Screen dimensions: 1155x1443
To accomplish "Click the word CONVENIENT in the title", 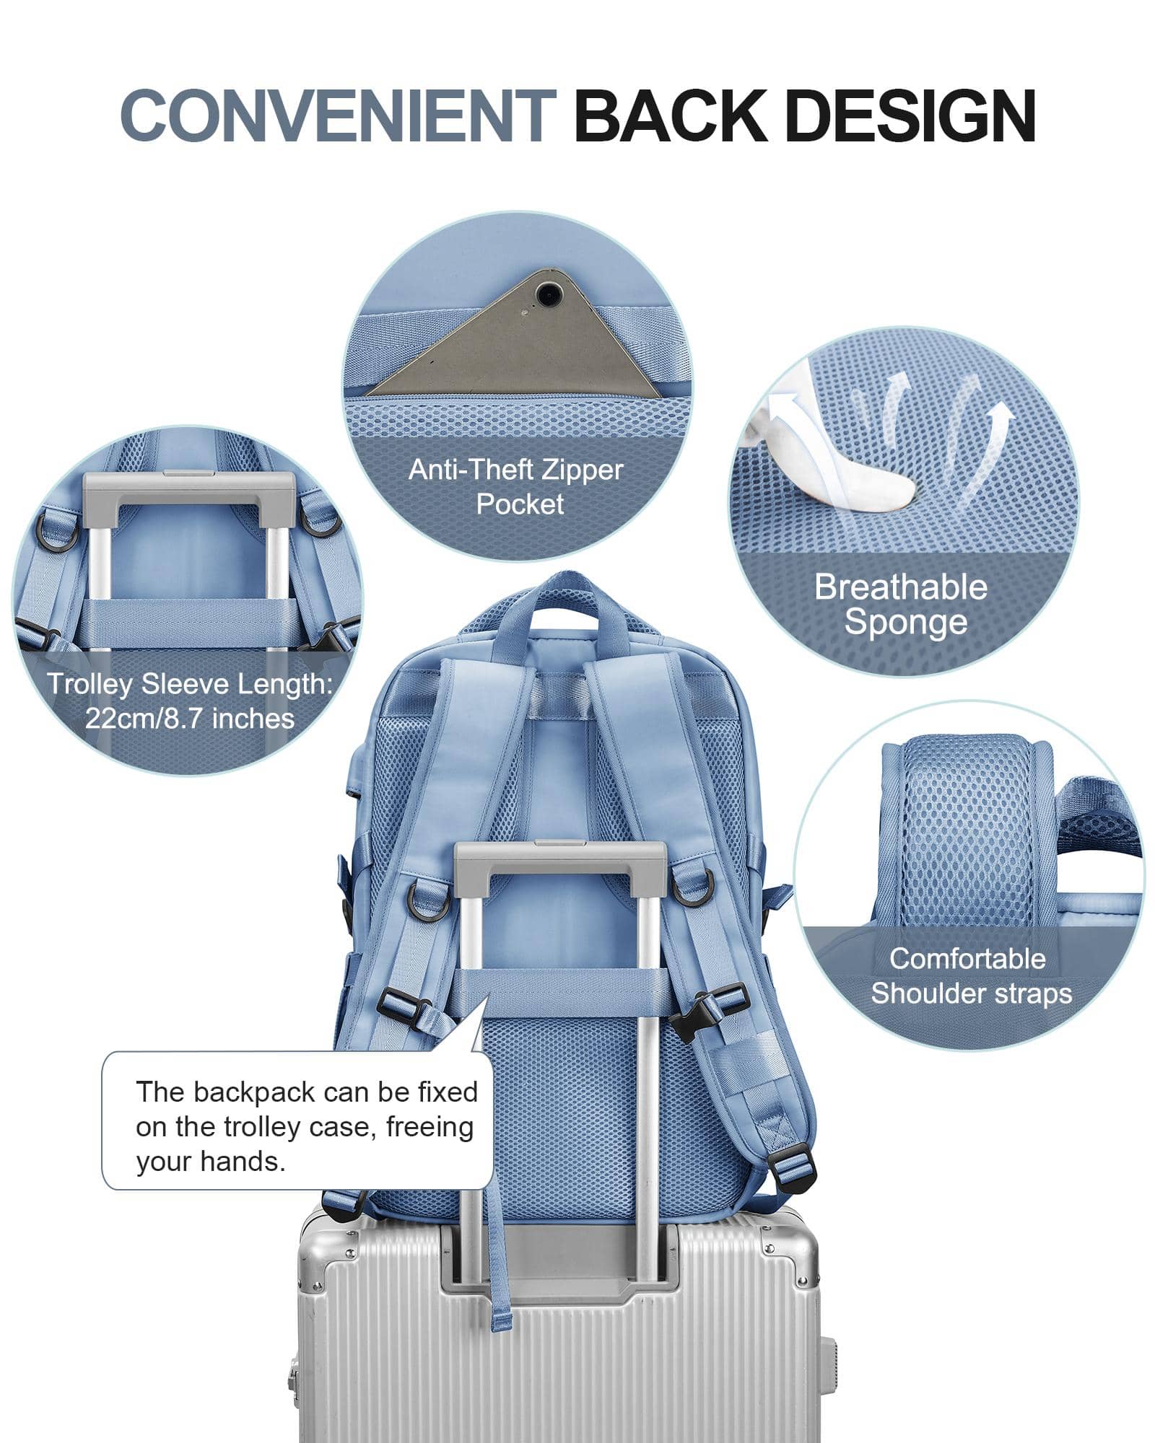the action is click(x=338, y=115).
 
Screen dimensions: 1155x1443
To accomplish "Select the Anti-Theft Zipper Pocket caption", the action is click(x=515, y=486).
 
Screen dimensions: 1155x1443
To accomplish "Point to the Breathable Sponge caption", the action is click(x=901, y=605).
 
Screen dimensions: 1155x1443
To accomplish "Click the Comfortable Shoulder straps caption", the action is click(x=970, y=975).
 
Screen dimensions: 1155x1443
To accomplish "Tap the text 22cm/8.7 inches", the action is click(x=190, y=719).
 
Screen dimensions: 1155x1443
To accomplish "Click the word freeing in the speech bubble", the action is click(x=430, y=1126).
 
